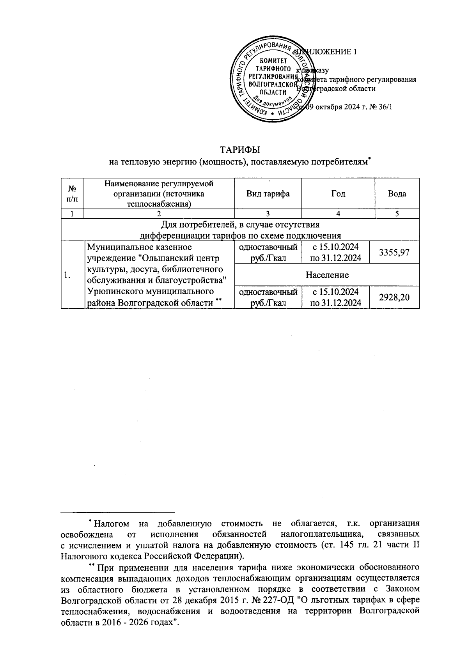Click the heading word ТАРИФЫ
240,150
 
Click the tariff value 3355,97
397,253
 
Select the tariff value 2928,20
397,297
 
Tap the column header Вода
397,194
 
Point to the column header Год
338,194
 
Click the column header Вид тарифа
268,194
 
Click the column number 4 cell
338,213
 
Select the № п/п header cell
72,194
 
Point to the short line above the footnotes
118,512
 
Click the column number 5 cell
397,213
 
